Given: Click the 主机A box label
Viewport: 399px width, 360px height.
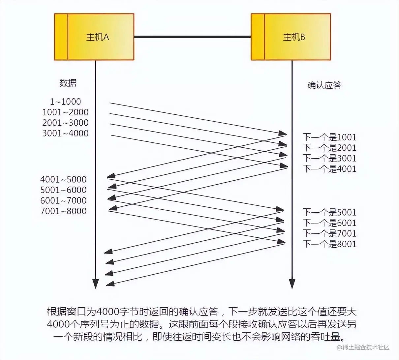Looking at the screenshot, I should pos(97,37).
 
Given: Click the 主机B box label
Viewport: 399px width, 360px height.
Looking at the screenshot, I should pos(294,37).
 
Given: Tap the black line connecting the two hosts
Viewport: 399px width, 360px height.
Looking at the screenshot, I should pos(192,37).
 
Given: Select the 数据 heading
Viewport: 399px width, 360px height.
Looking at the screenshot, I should pos(68,83).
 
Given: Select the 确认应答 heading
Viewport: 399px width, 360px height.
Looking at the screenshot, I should pos(324,85).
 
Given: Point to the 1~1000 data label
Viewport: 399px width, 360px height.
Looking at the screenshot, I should pos(65,102).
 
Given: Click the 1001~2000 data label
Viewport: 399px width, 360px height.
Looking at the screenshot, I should pos(65,112).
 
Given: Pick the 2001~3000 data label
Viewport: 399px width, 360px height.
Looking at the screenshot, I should pos(65,123).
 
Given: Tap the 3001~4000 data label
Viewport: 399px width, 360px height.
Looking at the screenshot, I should pos(65,133).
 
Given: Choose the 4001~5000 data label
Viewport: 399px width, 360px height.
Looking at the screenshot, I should pos(63,179).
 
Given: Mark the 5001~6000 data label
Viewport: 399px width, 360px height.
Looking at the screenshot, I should pos(63,190).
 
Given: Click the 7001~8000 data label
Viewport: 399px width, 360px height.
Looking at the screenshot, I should pos(63,211).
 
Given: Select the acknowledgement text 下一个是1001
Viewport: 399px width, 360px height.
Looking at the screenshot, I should pos(329,137).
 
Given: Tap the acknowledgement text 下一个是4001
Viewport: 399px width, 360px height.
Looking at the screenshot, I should pos(329,169).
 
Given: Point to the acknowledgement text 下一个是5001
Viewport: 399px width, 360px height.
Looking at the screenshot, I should pos(329,212).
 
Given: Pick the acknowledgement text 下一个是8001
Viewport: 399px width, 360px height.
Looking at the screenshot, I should pos(329,244).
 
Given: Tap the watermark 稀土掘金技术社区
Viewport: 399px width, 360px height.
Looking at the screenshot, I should pos(363,347).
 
